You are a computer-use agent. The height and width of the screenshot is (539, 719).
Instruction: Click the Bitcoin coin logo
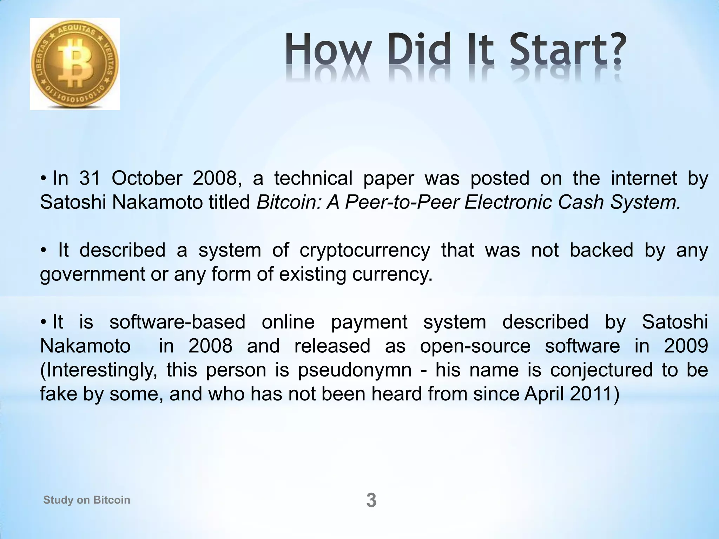pos(75,64)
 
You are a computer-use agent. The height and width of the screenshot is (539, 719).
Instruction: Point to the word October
pos(147,178)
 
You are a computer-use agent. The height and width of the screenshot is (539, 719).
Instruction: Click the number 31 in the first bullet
pos(90,178)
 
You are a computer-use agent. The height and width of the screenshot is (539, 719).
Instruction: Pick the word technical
pos(313,178)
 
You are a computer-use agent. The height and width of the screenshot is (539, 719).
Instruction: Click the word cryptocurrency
pos(364,251)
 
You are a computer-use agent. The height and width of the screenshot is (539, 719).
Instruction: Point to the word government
pos(92,274)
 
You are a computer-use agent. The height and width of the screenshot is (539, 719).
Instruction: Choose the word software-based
pos(177,322)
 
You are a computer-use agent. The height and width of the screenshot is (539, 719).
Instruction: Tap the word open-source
pos(475,346)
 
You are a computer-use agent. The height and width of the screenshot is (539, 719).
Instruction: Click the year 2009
pos(686,346)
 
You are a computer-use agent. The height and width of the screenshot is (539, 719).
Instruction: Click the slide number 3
pos(371,500)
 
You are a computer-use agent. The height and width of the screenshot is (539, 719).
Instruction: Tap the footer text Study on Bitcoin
pos(87,500)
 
